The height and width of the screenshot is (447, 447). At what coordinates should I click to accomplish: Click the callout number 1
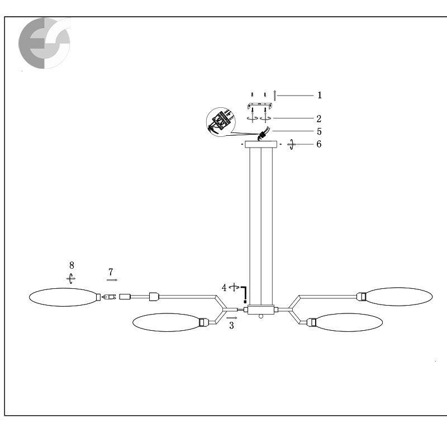pyautogui.click(x=320, y=95)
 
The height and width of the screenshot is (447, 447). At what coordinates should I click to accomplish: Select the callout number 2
pyautogui.click(x=319, y=118)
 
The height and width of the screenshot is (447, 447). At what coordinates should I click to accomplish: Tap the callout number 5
pyautogui.click(x=319, y=131)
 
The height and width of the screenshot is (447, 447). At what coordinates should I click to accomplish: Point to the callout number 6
pyautogui.click(x=319, y=144)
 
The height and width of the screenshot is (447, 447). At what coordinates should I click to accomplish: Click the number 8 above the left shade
pyautogui.click(x=72, y=265)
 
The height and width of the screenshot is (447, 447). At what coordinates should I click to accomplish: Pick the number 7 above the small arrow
pyautogui.click(x=111, y=272)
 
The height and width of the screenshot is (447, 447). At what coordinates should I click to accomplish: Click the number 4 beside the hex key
pyautogui.click(x=224, y=288)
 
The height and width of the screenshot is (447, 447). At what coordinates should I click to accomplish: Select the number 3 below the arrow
pyautogui.click(x=231, y=325)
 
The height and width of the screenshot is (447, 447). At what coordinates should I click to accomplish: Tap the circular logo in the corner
pyautogui.click(x=45, y=43)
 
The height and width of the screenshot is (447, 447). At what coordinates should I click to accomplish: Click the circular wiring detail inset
pyautogui.click(x=221, y=122)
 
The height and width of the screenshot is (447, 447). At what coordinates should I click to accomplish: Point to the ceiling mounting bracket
pyautogui.click(x=259, y=106)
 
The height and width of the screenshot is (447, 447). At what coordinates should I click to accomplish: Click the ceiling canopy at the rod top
pyautogui.click(x=261, y=144)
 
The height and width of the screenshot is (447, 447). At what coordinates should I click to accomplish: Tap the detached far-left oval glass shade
pyautogui.click(x=63, y=297)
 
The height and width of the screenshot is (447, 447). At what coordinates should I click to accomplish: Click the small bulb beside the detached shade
pyautogui.click(x=109, y=297)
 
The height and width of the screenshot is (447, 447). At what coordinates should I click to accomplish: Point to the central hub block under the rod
pyautogui.click(x=261, y=310)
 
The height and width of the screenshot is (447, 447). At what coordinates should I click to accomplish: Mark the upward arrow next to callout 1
pyautogui.click(x=274, y=95)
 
